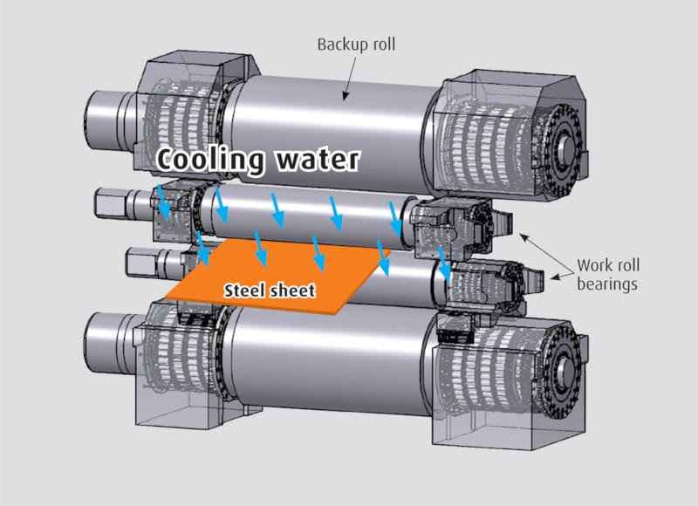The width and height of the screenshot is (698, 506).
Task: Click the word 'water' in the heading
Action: (x=315, y=160)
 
